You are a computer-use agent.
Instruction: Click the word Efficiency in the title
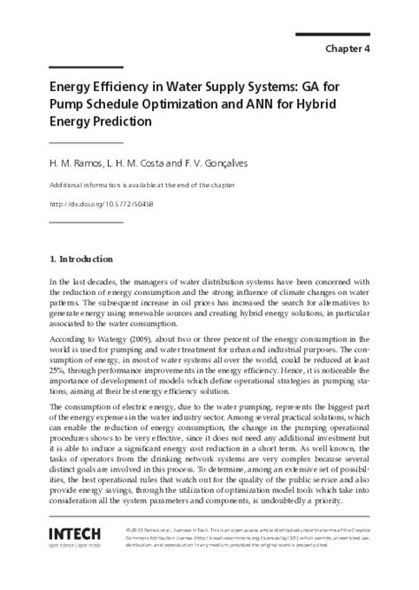116,89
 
